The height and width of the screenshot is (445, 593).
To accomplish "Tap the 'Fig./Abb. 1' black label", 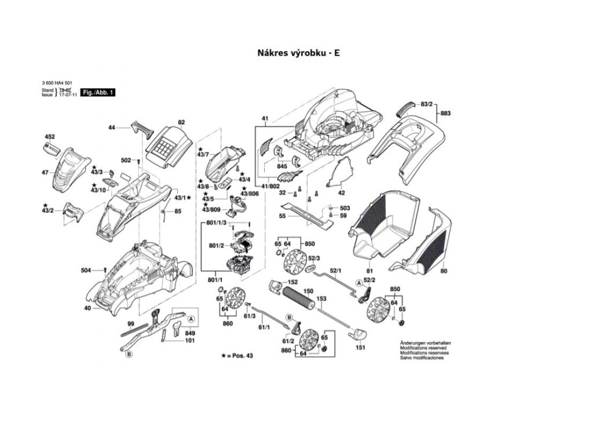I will coord(97,92).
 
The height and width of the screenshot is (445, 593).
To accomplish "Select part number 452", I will coord(50,137).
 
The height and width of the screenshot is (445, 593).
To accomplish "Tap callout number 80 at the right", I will coord(444,271).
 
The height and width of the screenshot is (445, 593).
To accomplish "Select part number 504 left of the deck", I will coord(86,270).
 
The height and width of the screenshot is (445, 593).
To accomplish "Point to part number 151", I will coord(360,348).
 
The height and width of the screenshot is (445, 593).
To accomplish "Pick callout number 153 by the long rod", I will coord(321,298).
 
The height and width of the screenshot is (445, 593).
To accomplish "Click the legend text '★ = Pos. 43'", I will coord(237,354).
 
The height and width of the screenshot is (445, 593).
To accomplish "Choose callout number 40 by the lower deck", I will coord(87,308).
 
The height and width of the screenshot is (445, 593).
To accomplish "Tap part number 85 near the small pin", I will coord(177,211).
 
